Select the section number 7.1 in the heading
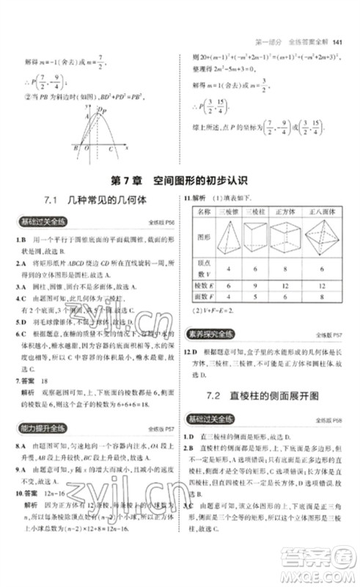[x=56, y=200]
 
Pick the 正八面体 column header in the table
[x=328, y=211]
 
